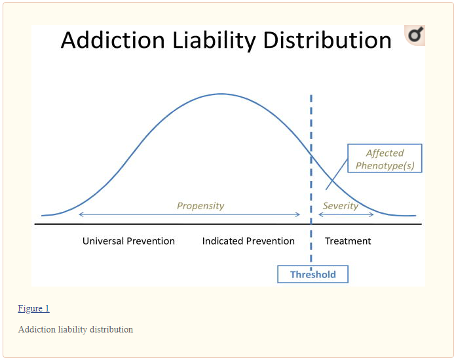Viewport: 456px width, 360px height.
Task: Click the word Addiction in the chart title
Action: (x=113, y=40)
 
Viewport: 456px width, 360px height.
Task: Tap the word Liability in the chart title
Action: (x=214, y=41)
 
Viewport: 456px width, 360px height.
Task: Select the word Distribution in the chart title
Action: (x=327, y=40)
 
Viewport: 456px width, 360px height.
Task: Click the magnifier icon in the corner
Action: (x=415, y=35)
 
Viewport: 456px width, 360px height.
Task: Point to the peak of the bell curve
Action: (x=221, y=94)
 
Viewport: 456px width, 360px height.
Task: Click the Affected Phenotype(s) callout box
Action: (x=385, y=158)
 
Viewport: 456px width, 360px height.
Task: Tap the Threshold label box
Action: (x=313, y=274)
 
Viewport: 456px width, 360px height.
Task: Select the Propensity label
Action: (x=200, y=206)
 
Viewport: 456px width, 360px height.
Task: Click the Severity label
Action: (x=341, y=206)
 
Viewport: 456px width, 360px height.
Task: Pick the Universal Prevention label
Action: (x=128, y=241)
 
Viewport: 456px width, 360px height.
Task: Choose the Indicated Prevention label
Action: (x=248, y=241)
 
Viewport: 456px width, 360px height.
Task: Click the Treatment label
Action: (x=348, y=241)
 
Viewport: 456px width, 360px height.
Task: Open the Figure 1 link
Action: (x=33, y=308)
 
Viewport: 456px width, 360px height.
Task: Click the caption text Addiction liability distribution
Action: (x=75, y=329)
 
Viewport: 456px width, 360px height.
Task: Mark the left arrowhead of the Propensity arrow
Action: (x=81, y=214)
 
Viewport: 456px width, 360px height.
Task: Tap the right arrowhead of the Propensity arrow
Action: (x=297, y=214)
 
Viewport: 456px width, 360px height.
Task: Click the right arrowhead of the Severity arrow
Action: (x=371, y=214)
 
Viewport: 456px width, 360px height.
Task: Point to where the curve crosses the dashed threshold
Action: (x=311, y=156)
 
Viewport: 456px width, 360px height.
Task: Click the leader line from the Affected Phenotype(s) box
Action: (x=337, y=174)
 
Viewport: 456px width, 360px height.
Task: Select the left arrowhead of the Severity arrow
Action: (x=321, y=214)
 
